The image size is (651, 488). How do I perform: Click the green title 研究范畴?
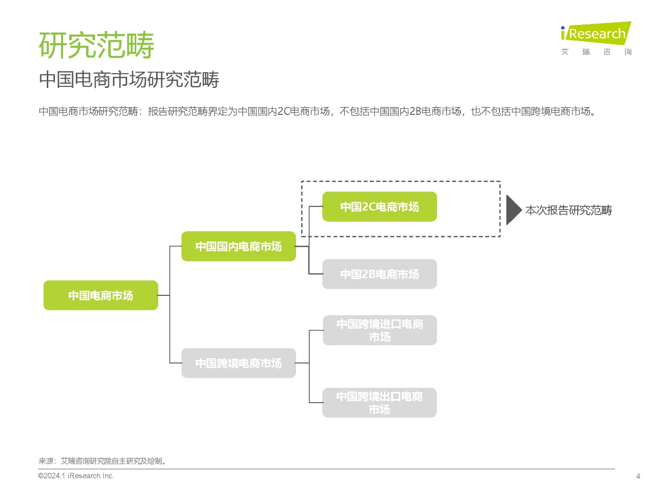(x=96, y=45)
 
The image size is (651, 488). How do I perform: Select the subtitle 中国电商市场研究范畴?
(x=129, y=80)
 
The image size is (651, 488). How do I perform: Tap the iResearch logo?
(x=596, y=33)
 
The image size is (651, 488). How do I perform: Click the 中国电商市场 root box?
(x=101, y=295)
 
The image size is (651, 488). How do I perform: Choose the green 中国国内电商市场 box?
(x=239, y=247)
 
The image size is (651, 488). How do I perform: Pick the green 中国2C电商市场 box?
(x=379, y=207)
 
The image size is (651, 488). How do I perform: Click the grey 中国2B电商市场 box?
(x=379, y=274)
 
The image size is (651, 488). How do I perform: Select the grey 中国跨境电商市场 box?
(x=239, y=363)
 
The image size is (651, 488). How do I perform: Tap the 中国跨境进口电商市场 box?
(x=379, y=330)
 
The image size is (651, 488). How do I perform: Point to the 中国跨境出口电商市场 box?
(x=379, y=403)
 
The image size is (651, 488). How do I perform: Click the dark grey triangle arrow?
(x=513, y=210)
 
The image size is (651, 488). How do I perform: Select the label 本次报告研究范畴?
(x=569, y=210)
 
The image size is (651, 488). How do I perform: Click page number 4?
(x=638, y=476)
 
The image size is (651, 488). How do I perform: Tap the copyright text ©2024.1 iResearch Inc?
(x=76, y=476)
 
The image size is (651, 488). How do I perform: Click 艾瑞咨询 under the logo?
(x=596, y=52)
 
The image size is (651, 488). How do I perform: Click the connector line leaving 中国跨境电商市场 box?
(x=302, y=363)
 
